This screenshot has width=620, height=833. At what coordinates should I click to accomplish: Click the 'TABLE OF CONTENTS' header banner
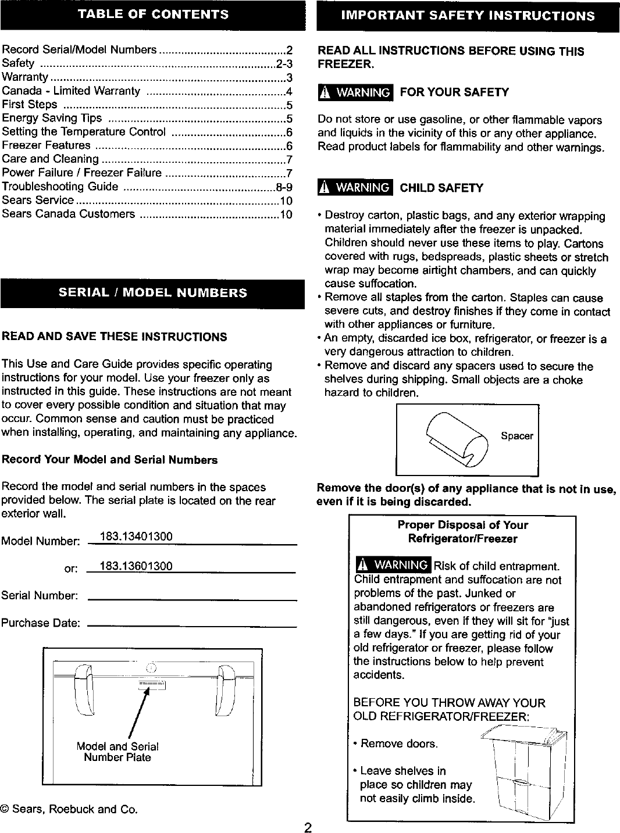point(153,15)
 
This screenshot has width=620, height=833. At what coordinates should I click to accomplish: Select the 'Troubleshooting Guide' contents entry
point(60,187)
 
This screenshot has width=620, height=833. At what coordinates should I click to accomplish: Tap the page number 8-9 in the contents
point(284,187)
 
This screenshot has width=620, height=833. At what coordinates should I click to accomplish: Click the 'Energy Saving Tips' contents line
point(52,119)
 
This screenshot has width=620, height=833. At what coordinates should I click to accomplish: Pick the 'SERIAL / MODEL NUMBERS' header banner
point(153,293)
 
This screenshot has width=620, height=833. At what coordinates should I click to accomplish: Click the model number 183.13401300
point(136,536)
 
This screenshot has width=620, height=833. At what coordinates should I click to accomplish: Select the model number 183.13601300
point(136,566)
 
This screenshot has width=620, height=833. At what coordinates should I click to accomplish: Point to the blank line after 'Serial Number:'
point(192,598)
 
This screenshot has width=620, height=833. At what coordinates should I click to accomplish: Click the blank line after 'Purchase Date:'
point(192,625)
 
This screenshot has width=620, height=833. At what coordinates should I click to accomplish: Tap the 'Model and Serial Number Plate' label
point(117,752)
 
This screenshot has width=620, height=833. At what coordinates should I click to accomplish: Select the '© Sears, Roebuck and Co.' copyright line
point(69,809)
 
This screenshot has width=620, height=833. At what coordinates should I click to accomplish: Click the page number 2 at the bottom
point(308,827)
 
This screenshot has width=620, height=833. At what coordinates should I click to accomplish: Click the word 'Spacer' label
point(516,437)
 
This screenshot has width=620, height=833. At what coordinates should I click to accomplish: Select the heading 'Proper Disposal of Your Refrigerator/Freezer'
point(462,532)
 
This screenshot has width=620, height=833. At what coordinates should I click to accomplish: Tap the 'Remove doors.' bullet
point(399,743)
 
